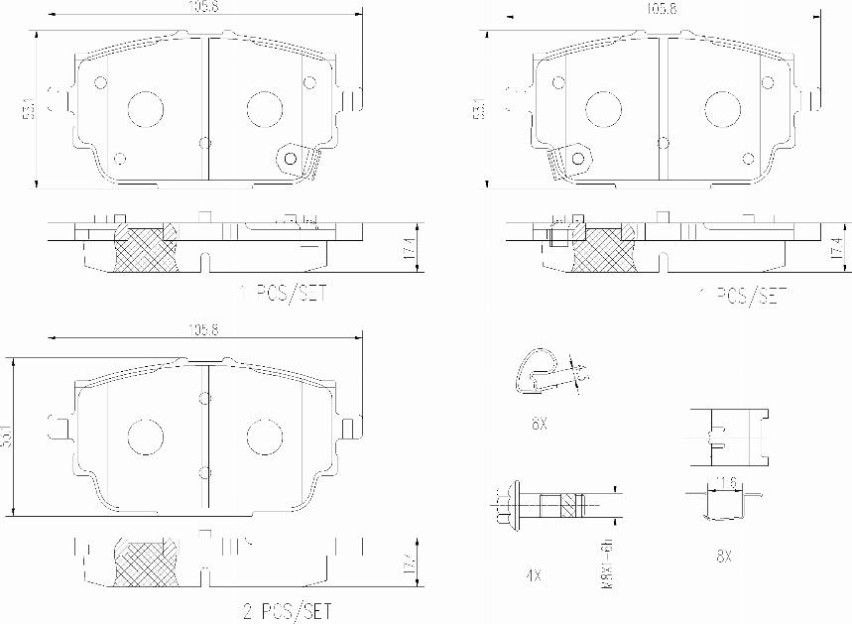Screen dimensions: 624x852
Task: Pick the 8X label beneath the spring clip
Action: tap(540, 424)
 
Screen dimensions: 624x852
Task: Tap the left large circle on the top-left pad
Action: tap(145, 107)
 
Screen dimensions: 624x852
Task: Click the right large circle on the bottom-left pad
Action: tap(263, 436)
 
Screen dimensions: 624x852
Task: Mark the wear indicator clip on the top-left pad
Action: tap(294, 159)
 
